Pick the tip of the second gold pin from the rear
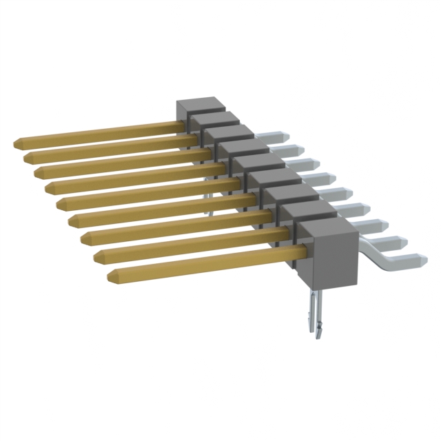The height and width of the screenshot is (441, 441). [x=27, y=158]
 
